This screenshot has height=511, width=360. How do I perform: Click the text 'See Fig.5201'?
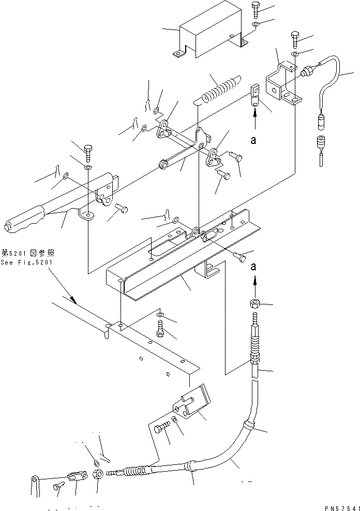(x=27, y=262)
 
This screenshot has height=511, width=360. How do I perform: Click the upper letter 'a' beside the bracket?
(x=254, y=138)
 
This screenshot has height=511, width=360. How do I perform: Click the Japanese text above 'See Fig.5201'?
(x=27, y=253)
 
